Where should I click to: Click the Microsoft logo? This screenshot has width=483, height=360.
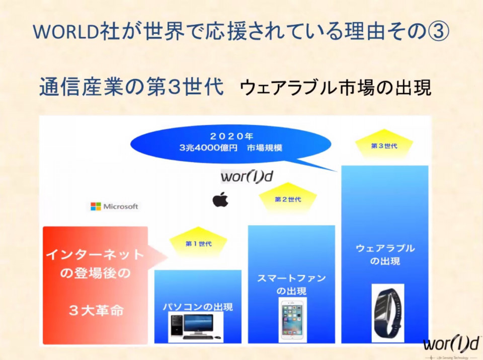point(114,206)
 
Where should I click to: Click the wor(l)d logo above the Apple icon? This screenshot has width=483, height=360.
point(247,177)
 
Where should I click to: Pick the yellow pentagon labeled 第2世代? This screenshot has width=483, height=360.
point(288,199)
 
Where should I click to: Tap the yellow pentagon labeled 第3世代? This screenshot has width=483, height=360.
point(384,146)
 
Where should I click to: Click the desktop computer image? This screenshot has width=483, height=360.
point(196,327)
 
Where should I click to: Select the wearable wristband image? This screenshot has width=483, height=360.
point(387,313)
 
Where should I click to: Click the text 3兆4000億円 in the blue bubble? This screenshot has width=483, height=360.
point(208,148)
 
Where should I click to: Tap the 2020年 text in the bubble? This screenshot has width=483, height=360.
point(231,136)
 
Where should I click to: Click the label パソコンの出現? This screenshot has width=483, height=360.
point(198,307)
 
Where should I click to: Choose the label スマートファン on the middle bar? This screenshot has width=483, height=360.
point(291,278)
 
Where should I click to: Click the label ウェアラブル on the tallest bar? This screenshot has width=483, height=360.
point(385,248)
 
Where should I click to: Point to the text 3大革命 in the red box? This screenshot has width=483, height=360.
point(96,310)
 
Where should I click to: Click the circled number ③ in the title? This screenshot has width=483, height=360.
point(438,32)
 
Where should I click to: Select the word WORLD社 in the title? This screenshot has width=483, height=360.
point(76,32)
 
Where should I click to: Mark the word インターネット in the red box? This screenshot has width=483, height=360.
point(95,255)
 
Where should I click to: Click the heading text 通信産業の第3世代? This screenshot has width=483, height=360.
point(131,87)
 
